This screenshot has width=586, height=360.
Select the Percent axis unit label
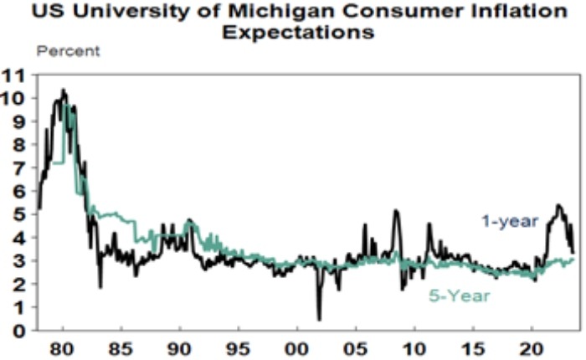coord(69,52)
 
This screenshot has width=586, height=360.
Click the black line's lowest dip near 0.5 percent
coord(319,319)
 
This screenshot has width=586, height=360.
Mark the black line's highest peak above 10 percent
coord(63,90)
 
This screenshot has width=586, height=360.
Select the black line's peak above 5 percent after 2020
coord(558,205)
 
